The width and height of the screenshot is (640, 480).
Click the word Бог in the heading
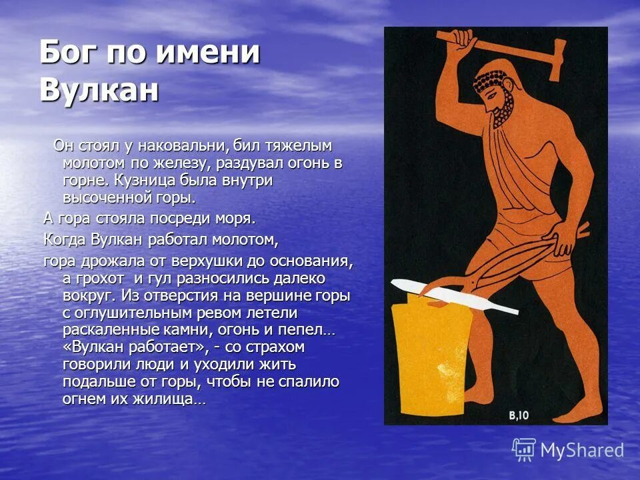(x=65, y=51)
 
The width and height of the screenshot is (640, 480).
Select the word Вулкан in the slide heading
(x=99, y=89)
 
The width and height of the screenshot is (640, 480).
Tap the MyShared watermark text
(x=581, y=451)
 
